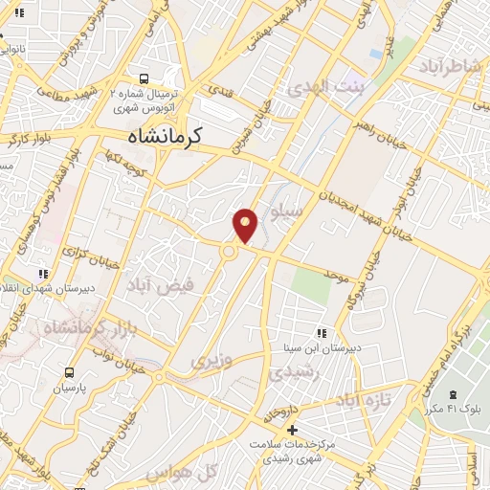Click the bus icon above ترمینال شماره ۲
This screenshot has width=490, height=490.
[x=144, y=79]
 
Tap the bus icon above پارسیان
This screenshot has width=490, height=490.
[x=69, y=372]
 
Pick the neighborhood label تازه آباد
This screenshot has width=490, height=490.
[x=366, y=399]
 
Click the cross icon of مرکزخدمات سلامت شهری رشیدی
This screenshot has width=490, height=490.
[x=292, y=430]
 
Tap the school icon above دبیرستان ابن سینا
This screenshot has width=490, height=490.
[x=321, y=333]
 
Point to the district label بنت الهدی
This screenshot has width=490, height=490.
[x=322, y=87]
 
